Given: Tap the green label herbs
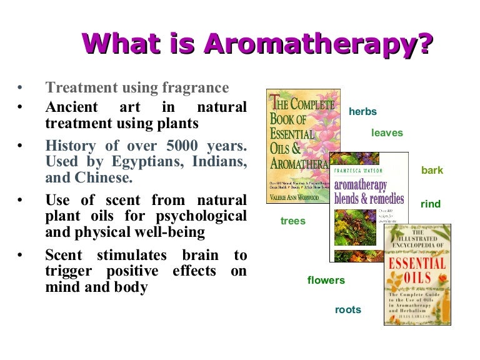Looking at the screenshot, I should coord(362,112).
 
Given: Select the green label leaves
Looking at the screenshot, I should coord(387,133).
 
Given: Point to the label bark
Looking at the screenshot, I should coord(432,171).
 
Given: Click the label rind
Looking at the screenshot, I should coord(431,204).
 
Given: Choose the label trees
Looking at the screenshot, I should coord(292,221).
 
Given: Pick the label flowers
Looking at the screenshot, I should coord(326,280).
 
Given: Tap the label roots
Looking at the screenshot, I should coord(347,310).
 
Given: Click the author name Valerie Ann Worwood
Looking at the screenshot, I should coord(294,197).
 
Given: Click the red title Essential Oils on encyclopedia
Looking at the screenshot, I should coord(417,269).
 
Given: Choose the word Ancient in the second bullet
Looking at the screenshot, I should coord(71,107).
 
